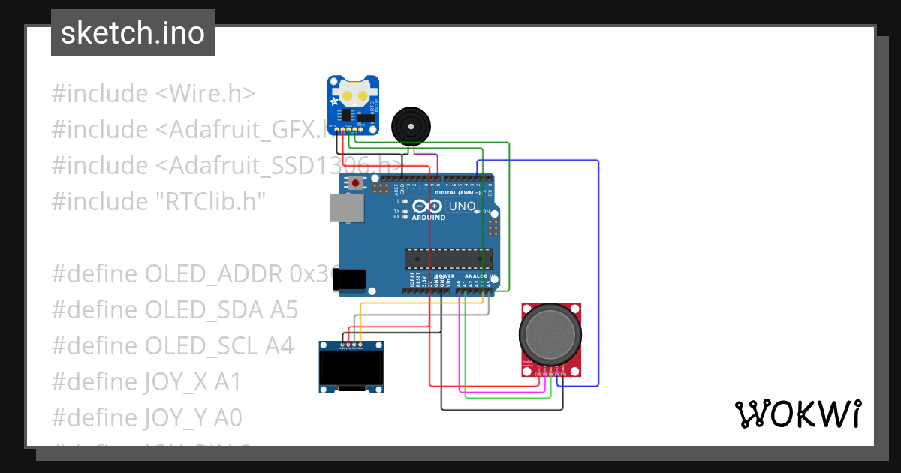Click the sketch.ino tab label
pos(132,33)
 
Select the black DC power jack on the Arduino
pos(350,279)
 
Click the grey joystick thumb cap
pos(551,333)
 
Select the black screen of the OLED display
pos(351,369)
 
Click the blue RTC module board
pos(353,104)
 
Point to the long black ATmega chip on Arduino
pos(448,258)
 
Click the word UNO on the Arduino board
pos(462,206)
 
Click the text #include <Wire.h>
pos(153,94)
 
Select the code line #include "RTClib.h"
pos(158,201)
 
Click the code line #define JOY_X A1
pos(146,381)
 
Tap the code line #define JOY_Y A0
pos(146,417)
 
